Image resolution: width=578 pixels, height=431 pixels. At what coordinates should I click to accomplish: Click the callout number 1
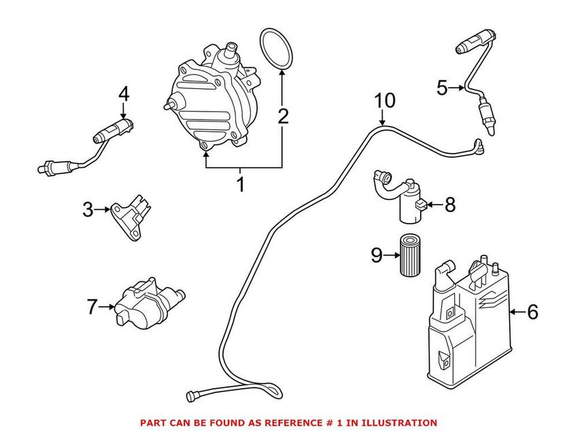pyautogui.click(x=239, y=184)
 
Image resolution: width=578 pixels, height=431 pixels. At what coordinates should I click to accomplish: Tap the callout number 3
pyautogui.click(x=88, y=210)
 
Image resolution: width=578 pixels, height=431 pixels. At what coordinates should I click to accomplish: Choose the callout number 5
pyautogui.click(x=442, y=88)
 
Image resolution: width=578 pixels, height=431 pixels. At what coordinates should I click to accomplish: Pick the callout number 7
pyautogui.click(x=92, y=307)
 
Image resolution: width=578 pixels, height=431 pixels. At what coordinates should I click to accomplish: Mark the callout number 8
pyautogui.click(x=450, y=205)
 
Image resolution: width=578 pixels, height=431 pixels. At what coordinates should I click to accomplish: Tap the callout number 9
pyautogui.click(x=377, y=255)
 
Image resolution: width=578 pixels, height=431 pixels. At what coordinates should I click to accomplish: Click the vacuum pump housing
pyautogui.click(x=207, y=102)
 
